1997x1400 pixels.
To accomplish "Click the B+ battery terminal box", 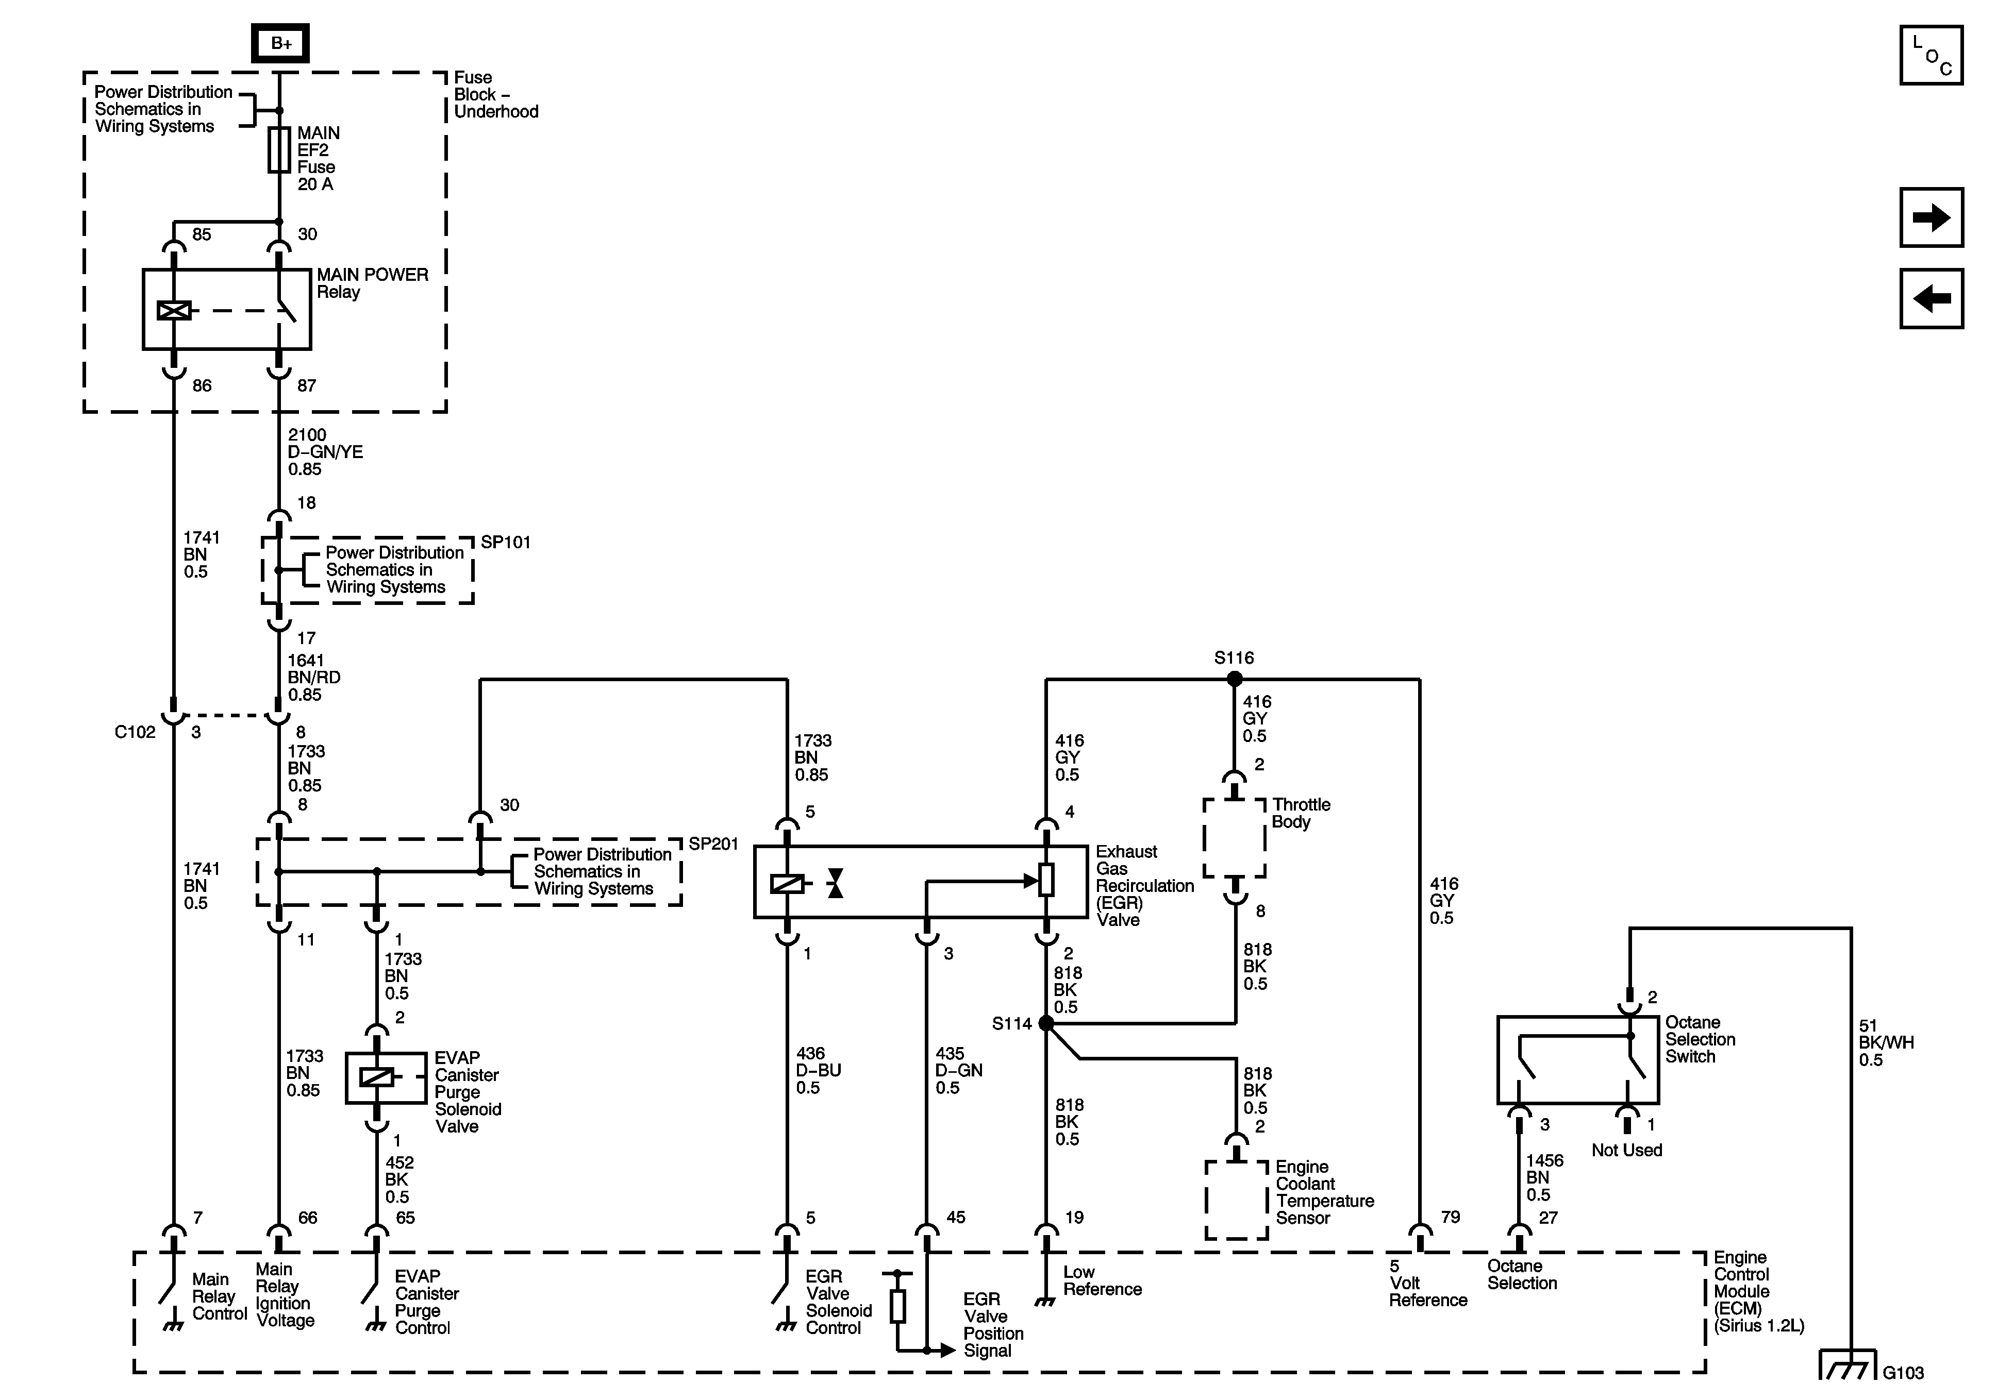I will click(280, 43).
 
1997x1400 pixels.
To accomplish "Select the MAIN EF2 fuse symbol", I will click(279, 149).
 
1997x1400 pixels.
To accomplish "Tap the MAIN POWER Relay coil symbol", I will click(174, 310).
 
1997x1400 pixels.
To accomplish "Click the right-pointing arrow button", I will click(1931, 217).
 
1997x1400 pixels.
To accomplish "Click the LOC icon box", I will click(1931, 56).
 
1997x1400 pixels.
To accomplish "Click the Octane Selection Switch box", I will click(1577, 1059).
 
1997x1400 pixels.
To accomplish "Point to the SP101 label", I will click(505, 542).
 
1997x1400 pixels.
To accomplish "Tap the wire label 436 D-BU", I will click(818, 1070).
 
